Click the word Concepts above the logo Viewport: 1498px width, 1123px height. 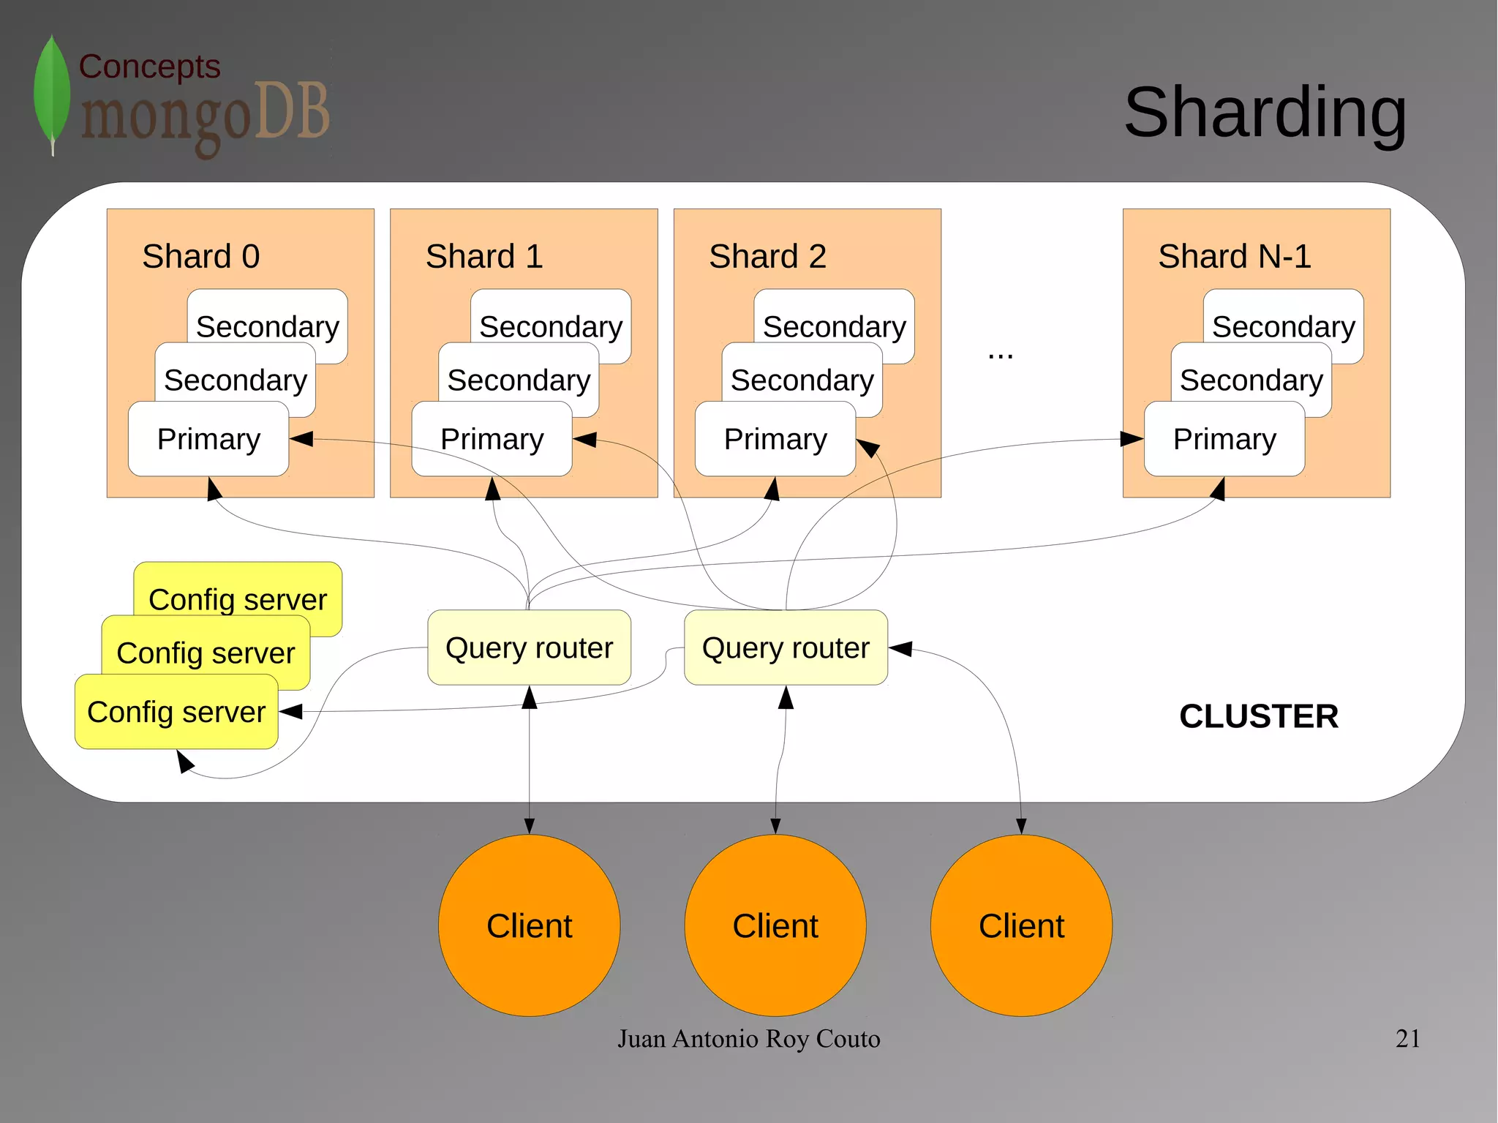[x=149, y=67]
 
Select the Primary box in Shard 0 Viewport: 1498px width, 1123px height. [x=208, y=439]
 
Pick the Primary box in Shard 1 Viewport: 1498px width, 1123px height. [x=492, y=439]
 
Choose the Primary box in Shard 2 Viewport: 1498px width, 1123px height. [x=775, y=439]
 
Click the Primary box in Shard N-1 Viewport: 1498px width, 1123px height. [x=1224, y=439]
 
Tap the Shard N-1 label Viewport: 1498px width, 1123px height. [x=1234, y=256]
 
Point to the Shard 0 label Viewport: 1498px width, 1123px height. [x=200, y=256]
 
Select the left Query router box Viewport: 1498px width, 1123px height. [x=529, y=647]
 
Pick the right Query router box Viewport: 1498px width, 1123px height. [x=786, y=647]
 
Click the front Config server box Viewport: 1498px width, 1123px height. [x=176, y=712]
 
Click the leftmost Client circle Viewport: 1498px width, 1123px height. [x=529, y=925]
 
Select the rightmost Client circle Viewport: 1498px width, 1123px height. [x=1021, y=925]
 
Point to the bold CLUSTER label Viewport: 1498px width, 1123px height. [x=1258, y=716]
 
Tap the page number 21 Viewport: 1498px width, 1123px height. [x=1407, y=1038]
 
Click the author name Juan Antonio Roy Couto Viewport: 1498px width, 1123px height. [x=748, y=1038]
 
